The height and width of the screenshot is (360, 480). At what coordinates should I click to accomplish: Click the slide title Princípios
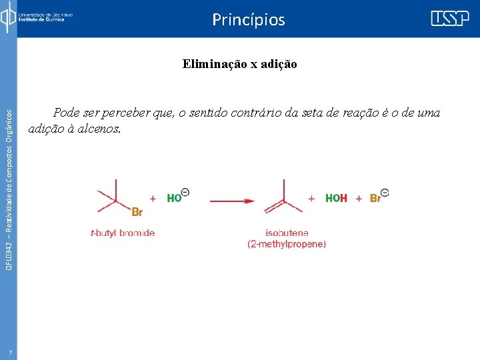point(248,20)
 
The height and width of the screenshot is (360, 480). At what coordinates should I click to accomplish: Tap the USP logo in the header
point(449,19)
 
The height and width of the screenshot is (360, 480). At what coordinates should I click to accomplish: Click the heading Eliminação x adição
point(240,65)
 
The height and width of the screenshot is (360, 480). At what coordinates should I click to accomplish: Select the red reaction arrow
point(233,200)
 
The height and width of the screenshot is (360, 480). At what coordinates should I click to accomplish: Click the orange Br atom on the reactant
point(137,213)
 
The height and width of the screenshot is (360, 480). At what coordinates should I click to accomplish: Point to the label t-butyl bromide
point(123,233)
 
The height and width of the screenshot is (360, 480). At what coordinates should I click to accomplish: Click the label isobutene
point(287,233)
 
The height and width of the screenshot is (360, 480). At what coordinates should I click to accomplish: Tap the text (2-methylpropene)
point(287,245)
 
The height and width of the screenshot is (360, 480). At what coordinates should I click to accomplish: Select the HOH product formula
point(336,199)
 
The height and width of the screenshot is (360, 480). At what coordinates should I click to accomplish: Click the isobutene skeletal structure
point(284,197)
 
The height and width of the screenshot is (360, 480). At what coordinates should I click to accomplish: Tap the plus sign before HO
point(153,199)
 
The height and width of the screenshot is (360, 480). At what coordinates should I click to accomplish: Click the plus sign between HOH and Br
point(359,199)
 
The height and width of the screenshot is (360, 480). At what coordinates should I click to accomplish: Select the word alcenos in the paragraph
point(100,129)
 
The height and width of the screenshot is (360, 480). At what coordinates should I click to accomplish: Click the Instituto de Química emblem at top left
point(7,17)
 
